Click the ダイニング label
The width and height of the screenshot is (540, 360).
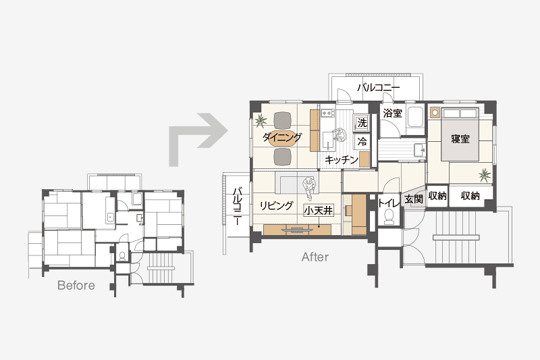pyautogui.click(x=282, y=137)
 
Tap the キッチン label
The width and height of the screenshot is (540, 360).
pyautogui.click(x=342, y=159)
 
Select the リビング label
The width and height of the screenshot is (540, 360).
pyautogui.click(x=277, y=205)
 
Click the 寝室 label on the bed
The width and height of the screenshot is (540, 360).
pyautogui.click(x=460, y=139)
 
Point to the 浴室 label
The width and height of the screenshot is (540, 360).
pyautogui.click(x=393, y=113)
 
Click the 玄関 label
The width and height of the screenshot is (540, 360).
pyautogui.click(x=413, y=199)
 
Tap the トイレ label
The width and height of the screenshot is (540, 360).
pyautogui.click(x=389, y=203)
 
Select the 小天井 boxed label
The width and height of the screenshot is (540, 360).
pyautogui.click(x=319, y=210)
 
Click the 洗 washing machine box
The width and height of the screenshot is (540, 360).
pyautogui.click(x=362, y=122)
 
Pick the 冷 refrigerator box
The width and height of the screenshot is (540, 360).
pyautogui.click(x=362, y=141)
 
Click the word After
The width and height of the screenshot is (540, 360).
pyautogui.click(x=315, y=257)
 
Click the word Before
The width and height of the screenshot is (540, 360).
pyautogui.click(x=76, y=285)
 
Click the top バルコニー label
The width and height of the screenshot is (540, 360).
pyautogui.click(x=378, y=87)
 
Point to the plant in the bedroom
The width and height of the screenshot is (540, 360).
pyautogui.click(x=485, y=175)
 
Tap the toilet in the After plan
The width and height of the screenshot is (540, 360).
pyautogui.click(x=389, y=217)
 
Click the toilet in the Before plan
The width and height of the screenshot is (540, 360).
pyautogui.click(x=122, y=255)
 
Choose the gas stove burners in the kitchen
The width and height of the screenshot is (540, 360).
pyautogui.click(x=327, y=113)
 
